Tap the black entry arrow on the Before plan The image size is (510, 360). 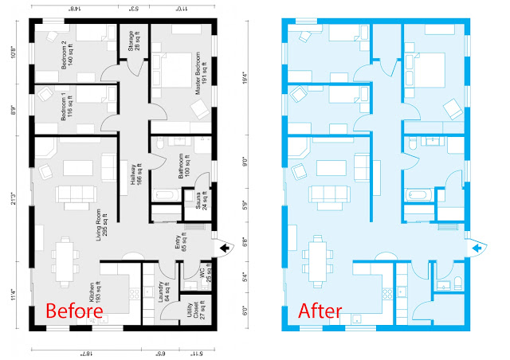point(224,249)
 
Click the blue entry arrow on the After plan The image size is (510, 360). point(477,249)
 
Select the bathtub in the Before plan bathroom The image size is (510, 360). point(167,194)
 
